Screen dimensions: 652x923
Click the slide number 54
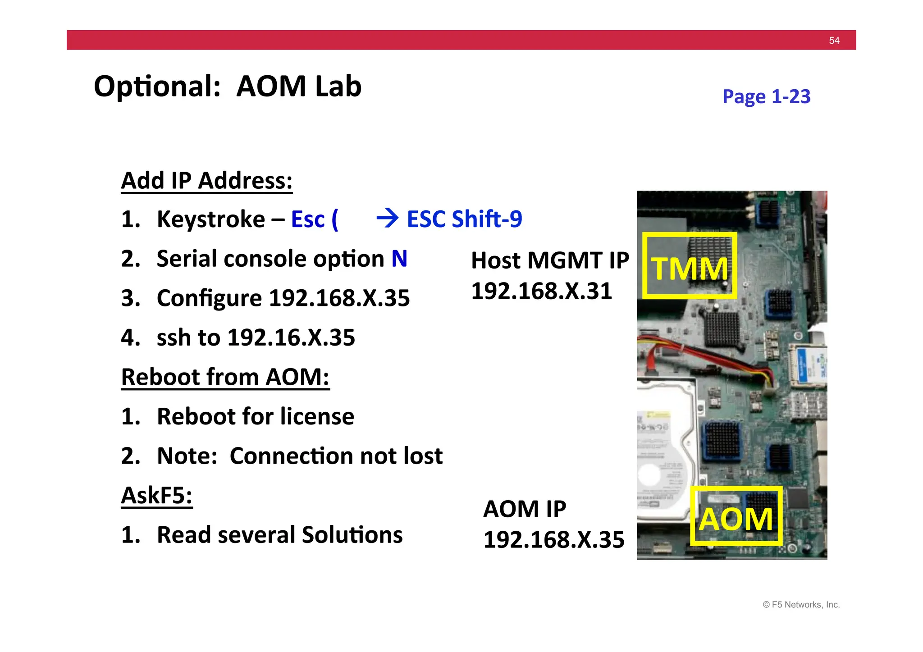click(x=834, y=41)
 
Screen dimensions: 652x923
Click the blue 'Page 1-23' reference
click(x=766, y=96)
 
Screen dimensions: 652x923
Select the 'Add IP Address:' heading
click(x=207, y=181)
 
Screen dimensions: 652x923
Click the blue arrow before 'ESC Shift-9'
click(x=387, y=219)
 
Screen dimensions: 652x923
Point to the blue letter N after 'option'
click(x=399, y=259)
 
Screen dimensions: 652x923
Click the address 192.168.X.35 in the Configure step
click(x=339, y=298)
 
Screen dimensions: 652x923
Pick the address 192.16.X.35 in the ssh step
click(x=291, y=337)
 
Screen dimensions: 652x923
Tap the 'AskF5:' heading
click(x=157, y=495)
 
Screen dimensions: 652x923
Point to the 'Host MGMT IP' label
click(x=550, y=260)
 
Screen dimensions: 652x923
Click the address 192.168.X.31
click(x=541, y=291)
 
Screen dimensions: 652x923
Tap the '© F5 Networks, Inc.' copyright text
click(x=801, y=605)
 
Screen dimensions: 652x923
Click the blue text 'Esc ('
click(x=315, y=219)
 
